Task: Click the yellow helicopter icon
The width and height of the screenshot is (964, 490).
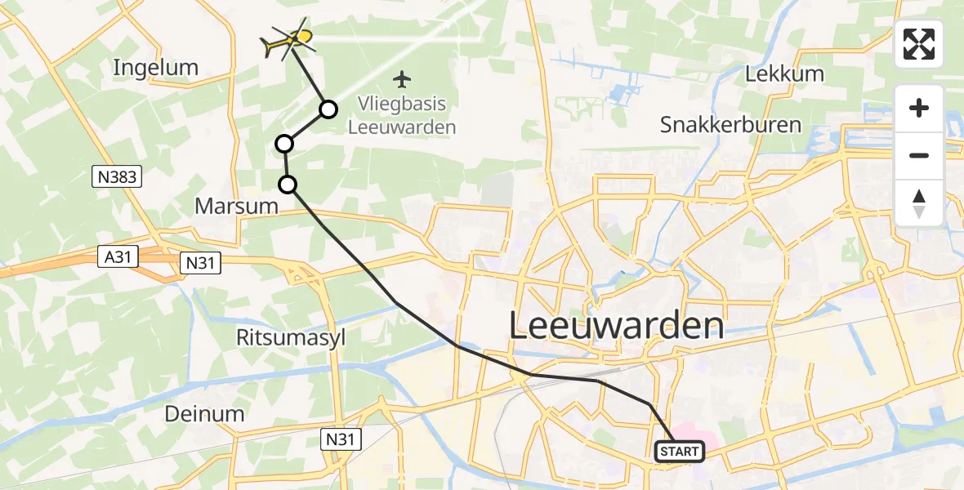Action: [x=289, y=39]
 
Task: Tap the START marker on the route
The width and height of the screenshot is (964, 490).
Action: [x=679, y=451]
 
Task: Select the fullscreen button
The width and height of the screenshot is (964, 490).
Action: [x=919, y=44]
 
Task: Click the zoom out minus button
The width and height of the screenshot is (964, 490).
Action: [x=919, y=155]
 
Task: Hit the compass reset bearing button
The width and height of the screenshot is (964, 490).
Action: [x=919, y=203]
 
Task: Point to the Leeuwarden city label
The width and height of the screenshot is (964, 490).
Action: [x=617, y=326]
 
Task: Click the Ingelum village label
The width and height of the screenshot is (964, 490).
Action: [x=155, y=67]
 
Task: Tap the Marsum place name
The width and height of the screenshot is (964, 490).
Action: [x=237, y=206]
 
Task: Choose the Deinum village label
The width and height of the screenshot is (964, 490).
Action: [x=204, y=413]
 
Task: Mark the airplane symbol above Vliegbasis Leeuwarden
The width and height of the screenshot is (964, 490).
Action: [x=401, y=79]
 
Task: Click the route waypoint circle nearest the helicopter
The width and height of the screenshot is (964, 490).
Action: [x=328, y=109]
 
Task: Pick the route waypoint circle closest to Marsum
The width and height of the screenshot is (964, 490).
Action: [x=288, y=185]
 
